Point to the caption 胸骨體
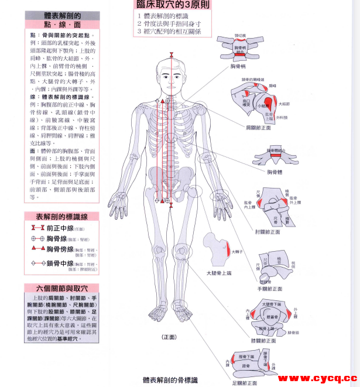point(275,173)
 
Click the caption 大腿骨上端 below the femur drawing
point(220,273)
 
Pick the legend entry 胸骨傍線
point(65,249)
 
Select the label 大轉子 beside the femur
point(237,252)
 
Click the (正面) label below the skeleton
point(169,337)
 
